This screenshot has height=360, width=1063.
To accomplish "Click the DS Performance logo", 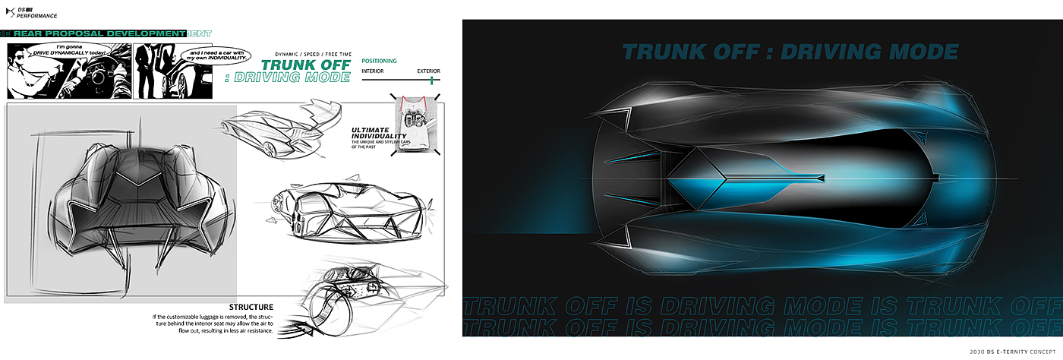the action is coord(35,12).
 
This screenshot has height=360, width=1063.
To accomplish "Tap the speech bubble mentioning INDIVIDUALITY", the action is coord(220,55).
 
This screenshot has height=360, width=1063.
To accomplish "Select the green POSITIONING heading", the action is coord(379,61).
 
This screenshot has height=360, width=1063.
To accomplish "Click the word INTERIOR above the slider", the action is coord(372,71).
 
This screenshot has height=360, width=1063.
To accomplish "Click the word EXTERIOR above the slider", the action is coord(428,71).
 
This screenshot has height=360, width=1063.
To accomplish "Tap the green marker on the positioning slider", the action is coord(431,80).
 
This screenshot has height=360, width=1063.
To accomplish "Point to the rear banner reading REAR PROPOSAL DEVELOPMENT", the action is coord(95,33).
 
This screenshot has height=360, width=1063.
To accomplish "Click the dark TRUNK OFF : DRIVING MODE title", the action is coord(790,52).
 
